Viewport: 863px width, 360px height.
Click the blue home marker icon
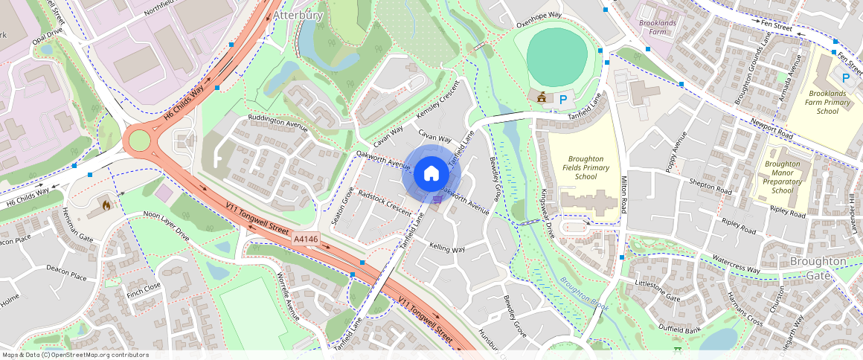pyautogui.click(x=431, y=174)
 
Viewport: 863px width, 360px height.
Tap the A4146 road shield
pyautogui.click(x=306, y=240)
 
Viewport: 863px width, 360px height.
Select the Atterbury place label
pyautogui.click(x=298, y=14)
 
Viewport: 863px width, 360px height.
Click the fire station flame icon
pyautogui.click(x=106, y=203)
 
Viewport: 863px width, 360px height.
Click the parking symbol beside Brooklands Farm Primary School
pyautogui.click(x=845, y=77)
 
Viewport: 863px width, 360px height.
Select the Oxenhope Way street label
pyautogui.click(x=539, y=25)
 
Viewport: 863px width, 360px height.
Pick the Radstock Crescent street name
pyautogui.click(x=385, y=202)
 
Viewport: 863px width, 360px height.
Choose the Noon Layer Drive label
pyautogui.click(x=167, y=226)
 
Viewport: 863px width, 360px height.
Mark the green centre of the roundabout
pyautogui.click(x=138, y=140)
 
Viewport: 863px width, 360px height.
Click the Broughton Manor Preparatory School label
pyautogui.click(x=782, y=177)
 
